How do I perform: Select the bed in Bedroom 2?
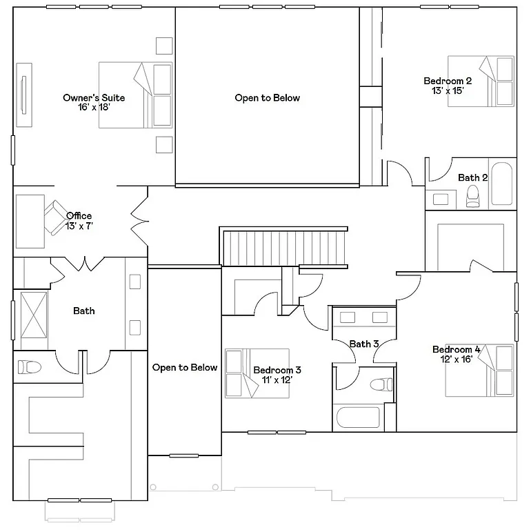pyautogui.click(x=481, y=81)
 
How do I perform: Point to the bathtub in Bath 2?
pyautogui.click(x=502, y=184)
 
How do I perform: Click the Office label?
pyautogui.click(x=79, y=216)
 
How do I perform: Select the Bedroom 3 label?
pyautogui.click(x=277, y=370)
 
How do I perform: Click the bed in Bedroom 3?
pyautogui.click(x=257, y=373)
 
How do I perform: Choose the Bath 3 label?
pyautogui.click(x=363, y=344)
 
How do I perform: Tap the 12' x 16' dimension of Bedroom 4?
pyautogui.click(x=457, y=359)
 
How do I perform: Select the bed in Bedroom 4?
pyautogui.click(x=480, y=371)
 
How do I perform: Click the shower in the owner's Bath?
pyautogui.click(x=33, y=315)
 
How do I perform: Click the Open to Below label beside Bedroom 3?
pyautogui.click(x=185, y=368)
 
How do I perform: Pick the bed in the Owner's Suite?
pyautogui.click(x=135, y=95)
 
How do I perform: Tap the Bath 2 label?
pyautogui.click(x=472, y=178)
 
